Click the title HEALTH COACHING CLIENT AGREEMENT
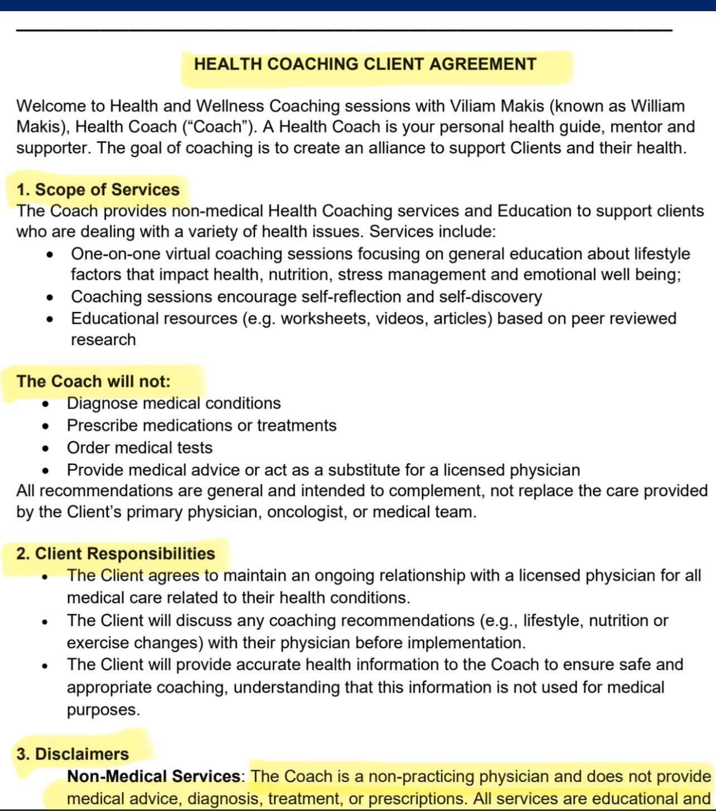(365, 64)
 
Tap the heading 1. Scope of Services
(98, 190)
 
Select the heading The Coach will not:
(93, 381)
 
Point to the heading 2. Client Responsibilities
(115, 553)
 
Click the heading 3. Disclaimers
(72, 754)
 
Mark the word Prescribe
(103, 426)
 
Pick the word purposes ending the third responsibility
(102, 710)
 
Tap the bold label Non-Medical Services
(153, 776)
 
